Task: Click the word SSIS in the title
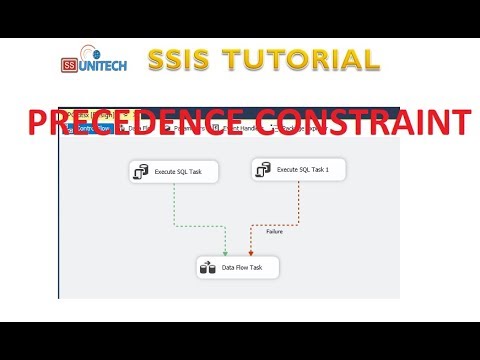click(180, 61)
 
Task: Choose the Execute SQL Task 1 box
click(299, 171)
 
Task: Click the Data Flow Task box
click(238, 268)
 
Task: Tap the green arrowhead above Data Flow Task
click(227, 251)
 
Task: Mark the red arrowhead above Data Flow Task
click(249, 251)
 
